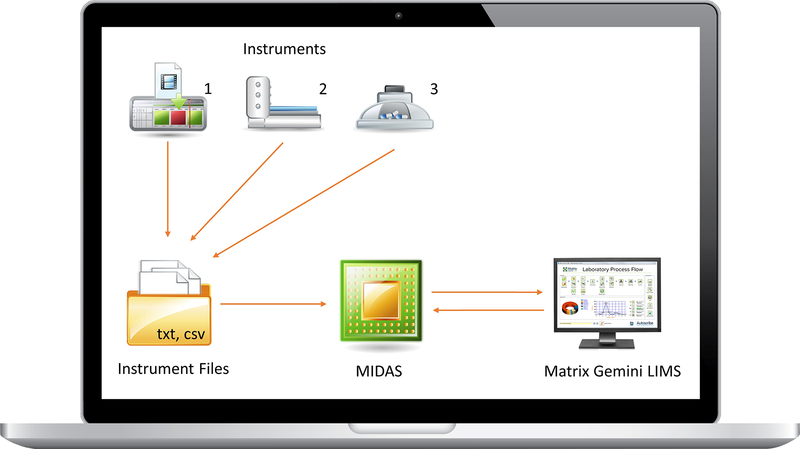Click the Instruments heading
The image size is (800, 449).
pos(284,49)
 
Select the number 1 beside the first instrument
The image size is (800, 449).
pos(208,89)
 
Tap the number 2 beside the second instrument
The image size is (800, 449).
pos(323,89)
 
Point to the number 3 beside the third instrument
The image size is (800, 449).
pos(434,89)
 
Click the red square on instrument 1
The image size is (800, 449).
pos(178,117)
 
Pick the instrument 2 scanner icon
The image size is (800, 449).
pos(282,104)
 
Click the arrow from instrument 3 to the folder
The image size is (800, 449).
pos(304,203)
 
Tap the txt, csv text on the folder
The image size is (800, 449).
pos(180,334)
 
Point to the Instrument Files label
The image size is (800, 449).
pos(173,369)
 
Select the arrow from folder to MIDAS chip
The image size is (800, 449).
pos(273,303)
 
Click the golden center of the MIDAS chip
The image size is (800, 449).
pos(381,300)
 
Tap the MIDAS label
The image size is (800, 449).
pos(378,371)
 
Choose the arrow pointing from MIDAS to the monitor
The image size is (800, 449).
pos(487,292)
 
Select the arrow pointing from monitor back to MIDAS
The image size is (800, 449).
pos(488,310)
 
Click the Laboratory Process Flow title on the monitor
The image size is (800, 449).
pos(612,269)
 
